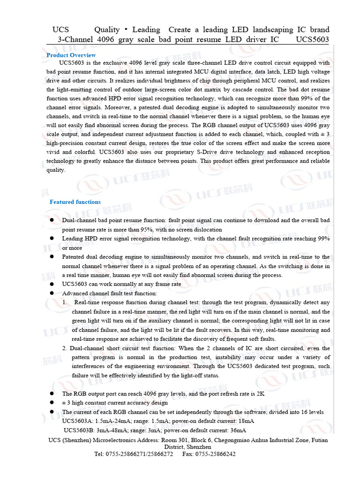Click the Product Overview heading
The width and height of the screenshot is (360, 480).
tap(71, 55)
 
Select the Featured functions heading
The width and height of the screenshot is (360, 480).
tap(75, 202)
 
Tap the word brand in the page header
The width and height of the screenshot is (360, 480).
tap(319, 30)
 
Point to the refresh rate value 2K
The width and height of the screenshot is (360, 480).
tap(260, 394)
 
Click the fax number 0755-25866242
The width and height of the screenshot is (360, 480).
tap(216, 454)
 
